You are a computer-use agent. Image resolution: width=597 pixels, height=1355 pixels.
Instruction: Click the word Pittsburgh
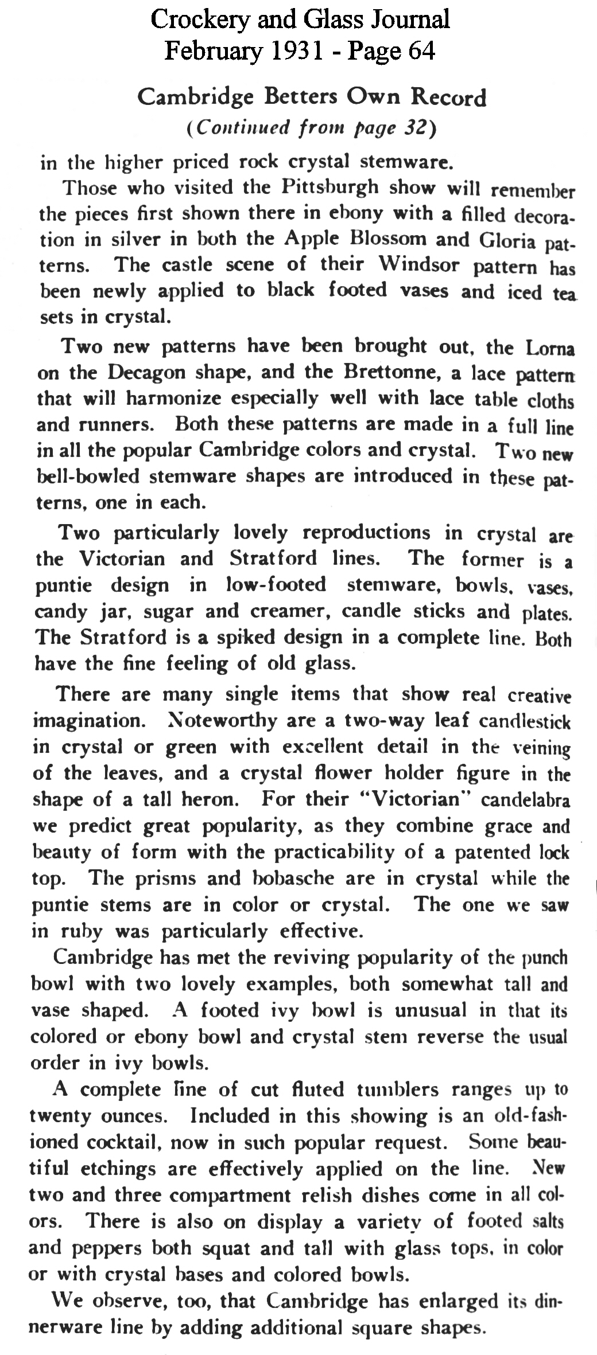pos(330,188)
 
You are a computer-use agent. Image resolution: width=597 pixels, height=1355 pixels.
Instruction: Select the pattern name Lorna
pos(550,348)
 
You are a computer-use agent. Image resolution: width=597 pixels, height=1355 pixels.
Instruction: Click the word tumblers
pos(398,1089)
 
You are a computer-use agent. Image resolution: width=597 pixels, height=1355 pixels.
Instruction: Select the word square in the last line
pos(381,1326)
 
